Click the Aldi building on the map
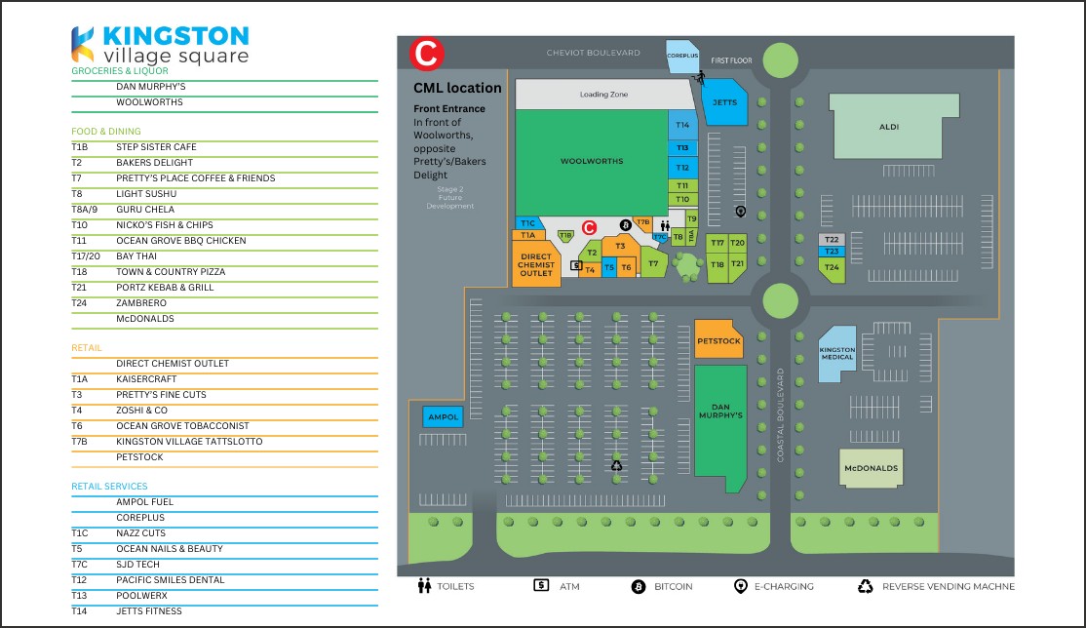coord(888,127)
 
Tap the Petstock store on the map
coord(719,340)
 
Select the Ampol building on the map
coord(443,417)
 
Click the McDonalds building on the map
coord(871,469)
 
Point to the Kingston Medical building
coord(835,353)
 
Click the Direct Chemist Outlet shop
coord(535,265)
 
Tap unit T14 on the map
coord(682,125)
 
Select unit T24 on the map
coord(832,266)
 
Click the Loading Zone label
coord(603,95)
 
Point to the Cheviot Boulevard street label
coord(593,52)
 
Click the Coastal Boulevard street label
coord(780,414)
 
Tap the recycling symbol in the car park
coord(616,466)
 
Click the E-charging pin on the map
coord(740,212)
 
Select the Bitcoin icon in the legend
coord(639,586)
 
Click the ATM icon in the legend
coord(541,586)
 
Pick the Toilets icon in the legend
coord(424,586)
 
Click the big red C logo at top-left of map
coord(427,54)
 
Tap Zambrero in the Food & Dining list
coord(141,303)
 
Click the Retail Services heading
coord(109,486)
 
